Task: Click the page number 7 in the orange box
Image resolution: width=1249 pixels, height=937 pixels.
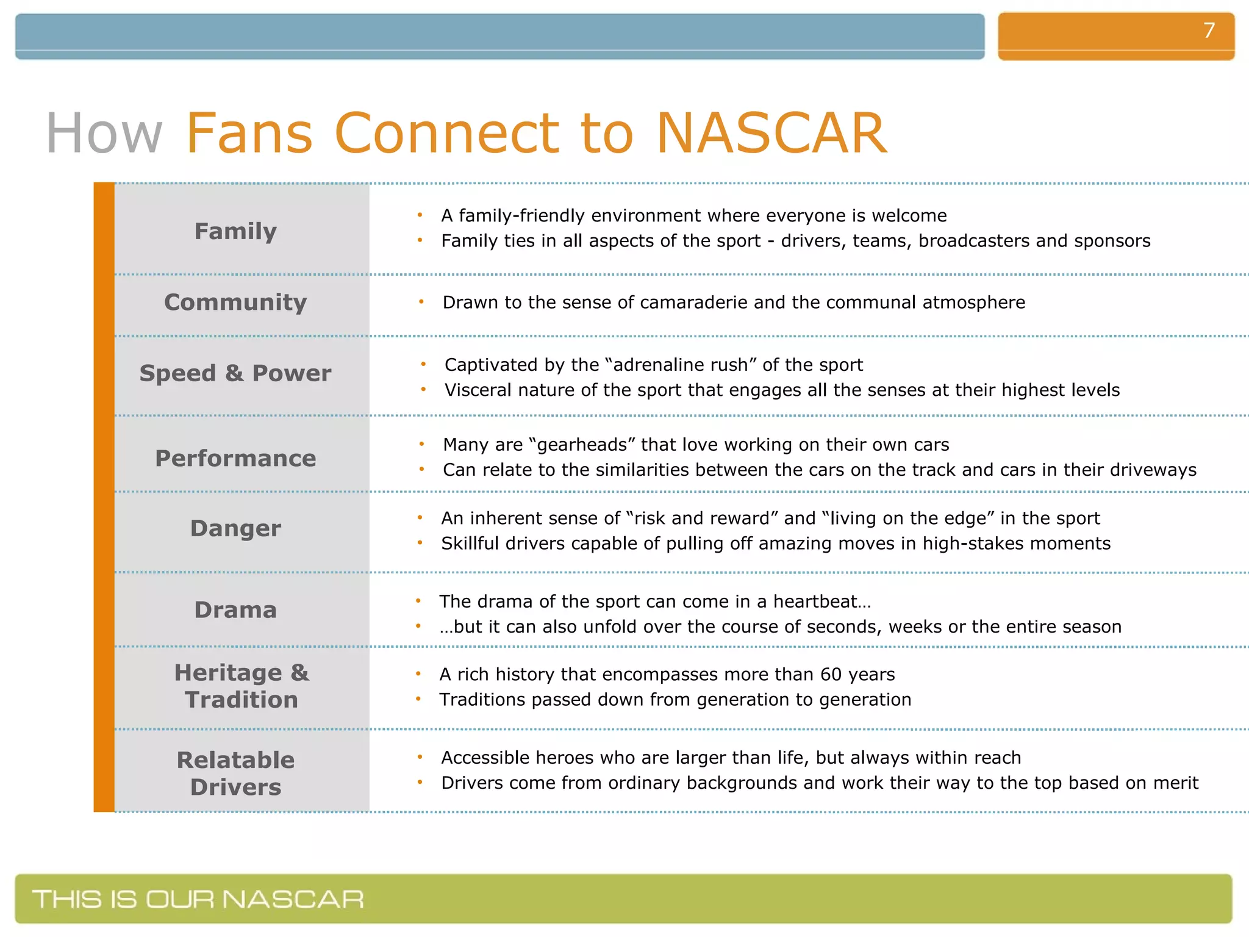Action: [x=1209, y=31]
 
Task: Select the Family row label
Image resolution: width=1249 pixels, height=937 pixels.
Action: [x=235, y=231]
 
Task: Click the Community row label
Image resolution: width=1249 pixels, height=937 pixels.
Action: [x=235, y=303]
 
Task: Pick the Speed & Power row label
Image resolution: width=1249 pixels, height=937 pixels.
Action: [x=235, y=373]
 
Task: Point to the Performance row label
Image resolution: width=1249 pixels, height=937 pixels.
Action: [x=235, y=458]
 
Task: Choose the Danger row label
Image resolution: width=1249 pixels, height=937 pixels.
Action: [x=235, y=528]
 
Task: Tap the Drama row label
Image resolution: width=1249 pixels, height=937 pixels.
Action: [x=235, y=610]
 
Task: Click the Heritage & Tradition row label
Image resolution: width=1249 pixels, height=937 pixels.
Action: [x=242, y=686]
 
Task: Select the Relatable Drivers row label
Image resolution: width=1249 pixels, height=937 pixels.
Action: [x=235, y=774]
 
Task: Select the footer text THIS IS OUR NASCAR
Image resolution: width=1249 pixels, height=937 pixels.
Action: [x=198, y=899]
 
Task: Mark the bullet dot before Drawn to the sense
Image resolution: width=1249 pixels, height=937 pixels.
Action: [x=421, y=302]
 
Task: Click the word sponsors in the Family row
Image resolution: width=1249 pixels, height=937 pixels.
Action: [x=1112, y=241]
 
